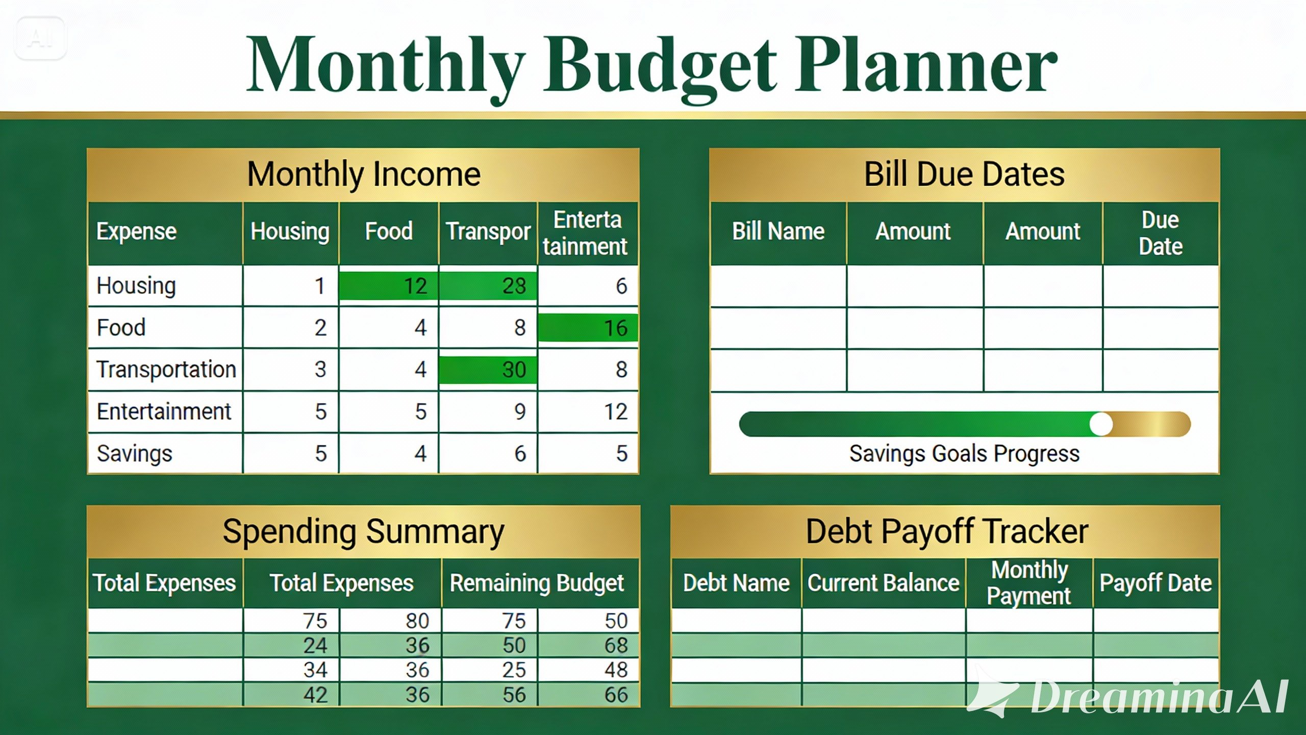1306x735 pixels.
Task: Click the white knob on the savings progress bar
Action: coord(1101,424)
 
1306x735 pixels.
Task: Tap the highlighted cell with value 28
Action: coord(488,286)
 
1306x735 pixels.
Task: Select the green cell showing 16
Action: coord(588,328)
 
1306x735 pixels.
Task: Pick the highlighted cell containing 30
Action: coord(488,370)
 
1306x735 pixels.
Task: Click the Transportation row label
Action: coord(166,370)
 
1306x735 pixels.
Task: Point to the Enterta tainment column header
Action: coord(587,233)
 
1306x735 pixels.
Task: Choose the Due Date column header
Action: coord(1161,233)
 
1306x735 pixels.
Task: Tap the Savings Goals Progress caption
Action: coord(964,454)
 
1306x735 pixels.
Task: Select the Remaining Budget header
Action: coord(537,583)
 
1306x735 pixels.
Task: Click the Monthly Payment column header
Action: coord(1029,583)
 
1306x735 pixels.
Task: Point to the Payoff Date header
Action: coord(1156,583)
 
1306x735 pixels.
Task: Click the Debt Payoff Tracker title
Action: coord(947,531)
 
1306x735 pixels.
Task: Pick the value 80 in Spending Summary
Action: coord(417,621)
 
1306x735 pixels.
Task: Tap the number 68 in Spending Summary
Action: coord(616,646)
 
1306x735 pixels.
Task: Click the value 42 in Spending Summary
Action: coord(315,695)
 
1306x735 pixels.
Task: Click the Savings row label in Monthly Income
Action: coord(135,454)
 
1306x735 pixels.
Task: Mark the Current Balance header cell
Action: coord(883,583)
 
